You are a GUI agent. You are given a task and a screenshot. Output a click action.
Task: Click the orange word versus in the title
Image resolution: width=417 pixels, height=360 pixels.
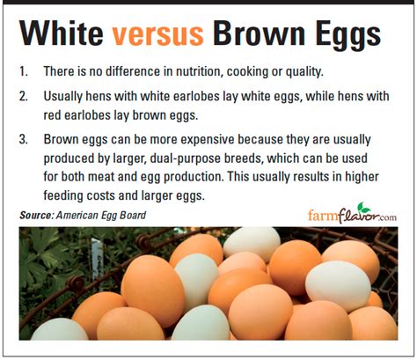(x=158, y=34)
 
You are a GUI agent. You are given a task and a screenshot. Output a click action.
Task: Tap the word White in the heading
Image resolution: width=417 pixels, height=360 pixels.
(x=61, y=33)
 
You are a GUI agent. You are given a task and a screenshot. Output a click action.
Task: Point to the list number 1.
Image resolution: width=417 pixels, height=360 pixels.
(x=24, y=71)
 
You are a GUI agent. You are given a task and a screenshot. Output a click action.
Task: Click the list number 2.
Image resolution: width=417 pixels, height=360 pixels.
(x=24, y=96)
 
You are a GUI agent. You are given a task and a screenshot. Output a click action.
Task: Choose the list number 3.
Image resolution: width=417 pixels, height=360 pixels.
(x=24, y=139)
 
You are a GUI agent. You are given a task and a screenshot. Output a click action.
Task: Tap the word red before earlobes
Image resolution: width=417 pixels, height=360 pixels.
(x=52, y=115)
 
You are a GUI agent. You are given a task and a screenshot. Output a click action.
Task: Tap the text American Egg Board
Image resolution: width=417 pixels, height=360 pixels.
(x=101, y=216)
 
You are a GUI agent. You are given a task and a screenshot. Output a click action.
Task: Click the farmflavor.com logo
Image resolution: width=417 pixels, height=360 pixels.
(x=352, y=214)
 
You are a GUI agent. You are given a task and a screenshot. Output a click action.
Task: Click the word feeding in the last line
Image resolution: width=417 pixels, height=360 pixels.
(x=63, y=196)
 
